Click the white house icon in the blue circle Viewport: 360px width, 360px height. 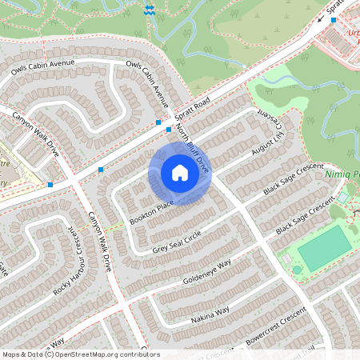pos(179,173)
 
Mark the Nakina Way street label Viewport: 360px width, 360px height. pos(210,313)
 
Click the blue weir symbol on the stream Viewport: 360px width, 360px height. pos(150,9)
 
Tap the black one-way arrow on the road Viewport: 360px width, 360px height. pos(320,20)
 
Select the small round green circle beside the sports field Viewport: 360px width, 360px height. pos(297,270)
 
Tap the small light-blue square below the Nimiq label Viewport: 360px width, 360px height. pos(343,197)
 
